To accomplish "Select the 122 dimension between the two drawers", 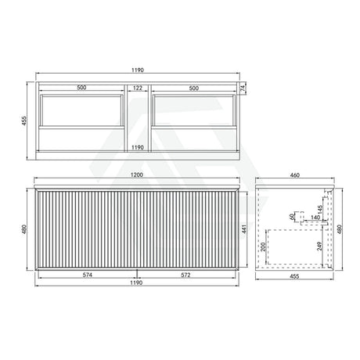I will click(137, 88).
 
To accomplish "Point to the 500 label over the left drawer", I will click(81, 88).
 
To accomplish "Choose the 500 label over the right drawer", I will click(193, 88).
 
